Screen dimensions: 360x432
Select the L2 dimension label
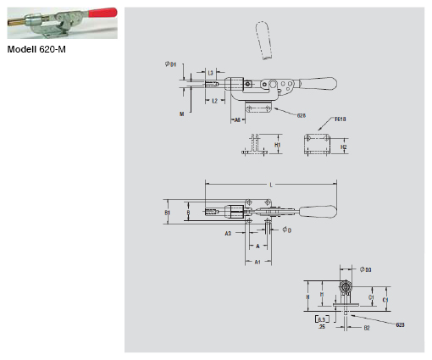click(215, 101)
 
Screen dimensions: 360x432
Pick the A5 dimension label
click(237, 120)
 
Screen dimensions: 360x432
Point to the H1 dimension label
click(279, 145)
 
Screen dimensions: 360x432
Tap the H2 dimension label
click(343, 147)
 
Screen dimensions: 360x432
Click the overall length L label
click(269, 183)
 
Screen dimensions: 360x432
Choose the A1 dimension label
click(258, 263)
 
